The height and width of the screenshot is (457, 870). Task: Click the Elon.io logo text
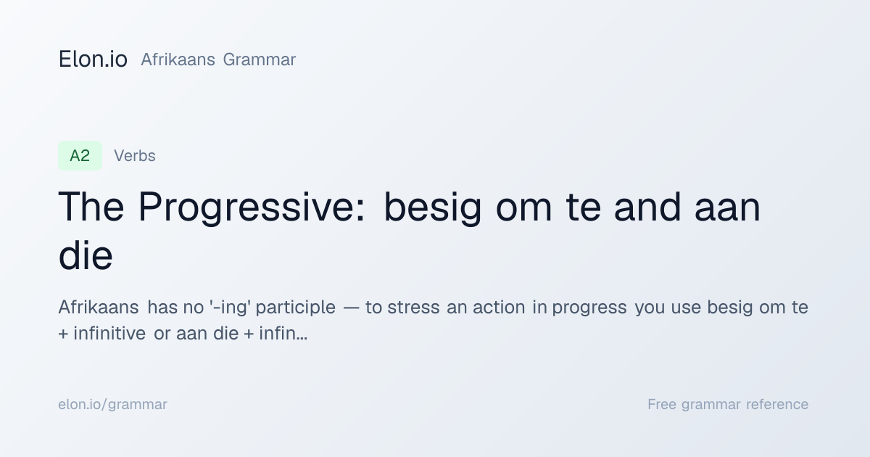point(93,59)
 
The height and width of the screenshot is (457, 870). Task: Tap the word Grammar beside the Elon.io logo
point(260,59)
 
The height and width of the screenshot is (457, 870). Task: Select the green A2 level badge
point(80,156)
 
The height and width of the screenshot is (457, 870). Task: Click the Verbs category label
point(135,156)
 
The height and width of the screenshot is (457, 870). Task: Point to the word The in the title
point(91,207)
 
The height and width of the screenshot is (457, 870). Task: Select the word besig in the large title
point(433,207)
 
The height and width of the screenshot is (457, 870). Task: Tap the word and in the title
point(647,207)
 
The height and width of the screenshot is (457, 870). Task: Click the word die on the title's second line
point(86,255)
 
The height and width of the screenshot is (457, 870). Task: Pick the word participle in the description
point(296,308)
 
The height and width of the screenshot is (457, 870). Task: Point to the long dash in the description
point(351,308)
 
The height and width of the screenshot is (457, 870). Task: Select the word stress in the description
point(414,308)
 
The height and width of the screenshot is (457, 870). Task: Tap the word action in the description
point(499,308)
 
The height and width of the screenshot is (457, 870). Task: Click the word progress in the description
point(589,308)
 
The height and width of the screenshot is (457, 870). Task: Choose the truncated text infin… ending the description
point(283,334)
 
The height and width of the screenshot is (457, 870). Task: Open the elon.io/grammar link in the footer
point(112,405)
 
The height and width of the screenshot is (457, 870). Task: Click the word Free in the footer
point(662,404)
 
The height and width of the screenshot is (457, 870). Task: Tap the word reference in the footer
point(777,405)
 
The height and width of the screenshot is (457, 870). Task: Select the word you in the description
point(649,308)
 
